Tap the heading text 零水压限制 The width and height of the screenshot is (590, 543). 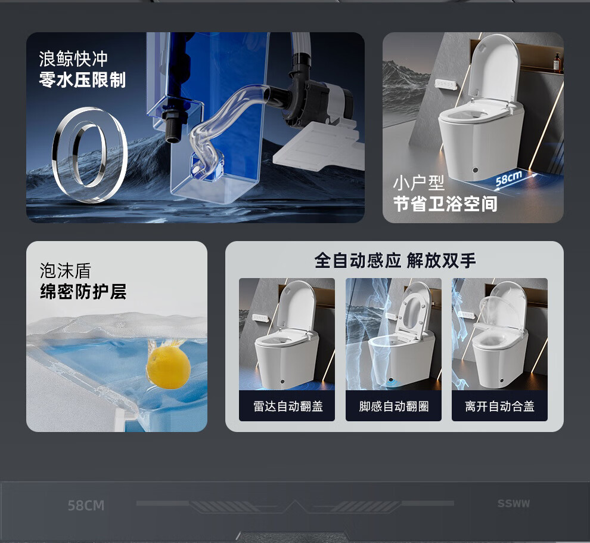[x=82, y=80]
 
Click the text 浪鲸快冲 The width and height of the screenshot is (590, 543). [x=73, y=59]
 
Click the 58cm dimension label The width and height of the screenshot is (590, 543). [x=509, y=178]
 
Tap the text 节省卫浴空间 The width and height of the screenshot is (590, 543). [x=445, y=204]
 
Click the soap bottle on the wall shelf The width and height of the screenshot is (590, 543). [x=557, y=62]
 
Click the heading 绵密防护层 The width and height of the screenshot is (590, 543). [x=83, y=291]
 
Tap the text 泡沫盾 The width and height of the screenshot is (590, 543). [x=66, y=270]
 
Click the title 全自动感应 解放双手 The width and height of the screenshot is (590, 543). [x=395, y=260]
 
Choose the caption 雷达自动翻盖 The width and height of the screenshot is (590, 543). [x=288, y=406]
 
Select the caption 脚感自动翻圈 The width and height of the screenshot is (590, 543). [x=393, y=406]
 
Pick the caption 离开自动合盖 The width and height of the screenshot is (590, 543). [x=499, y=406]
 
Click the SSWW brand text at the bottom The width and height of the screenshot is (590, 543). [x=513, y=504]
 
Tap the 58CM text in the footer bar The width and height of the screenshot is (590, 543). [x=86, y=505]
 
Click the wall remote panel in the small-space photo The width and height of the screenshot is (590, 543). [x=446, y=84]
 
